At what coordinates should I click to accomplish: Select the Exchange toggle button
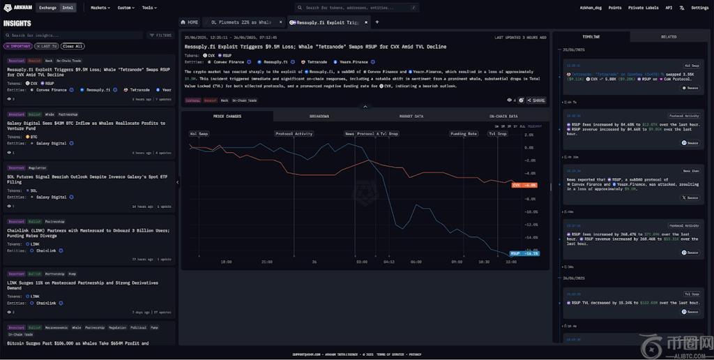(47, 8)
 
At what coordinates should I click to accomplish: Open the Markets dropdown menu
(100, 8)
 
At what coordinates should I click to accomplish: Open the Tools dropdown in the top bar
(149, 8)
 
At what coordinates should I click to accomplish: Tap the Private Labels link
(642, 8)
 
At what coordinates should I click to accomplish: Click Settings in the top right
(699, 8)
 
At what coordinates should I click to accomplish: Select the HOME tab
(190, 22)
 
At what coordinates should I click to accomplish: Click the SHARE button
(537, 100)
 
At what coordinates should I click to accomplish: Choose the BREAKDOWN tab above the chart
(319, 116)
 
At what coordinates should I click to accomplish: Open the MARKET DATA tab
(411, 116)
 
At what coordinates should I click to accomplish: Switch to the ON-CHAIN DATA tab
(503, 116)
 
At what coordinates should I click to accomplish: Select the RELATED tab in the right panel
(668, 36)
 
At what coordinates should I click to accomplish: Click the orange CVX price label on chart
(524, 185)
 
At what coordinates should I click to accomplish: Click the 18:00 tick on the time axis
(226, 262)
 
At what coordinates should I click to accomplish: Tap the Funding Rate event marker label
(463, 133)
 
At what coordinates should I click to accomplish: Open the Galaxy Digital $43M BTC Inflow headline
(86, 126)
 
